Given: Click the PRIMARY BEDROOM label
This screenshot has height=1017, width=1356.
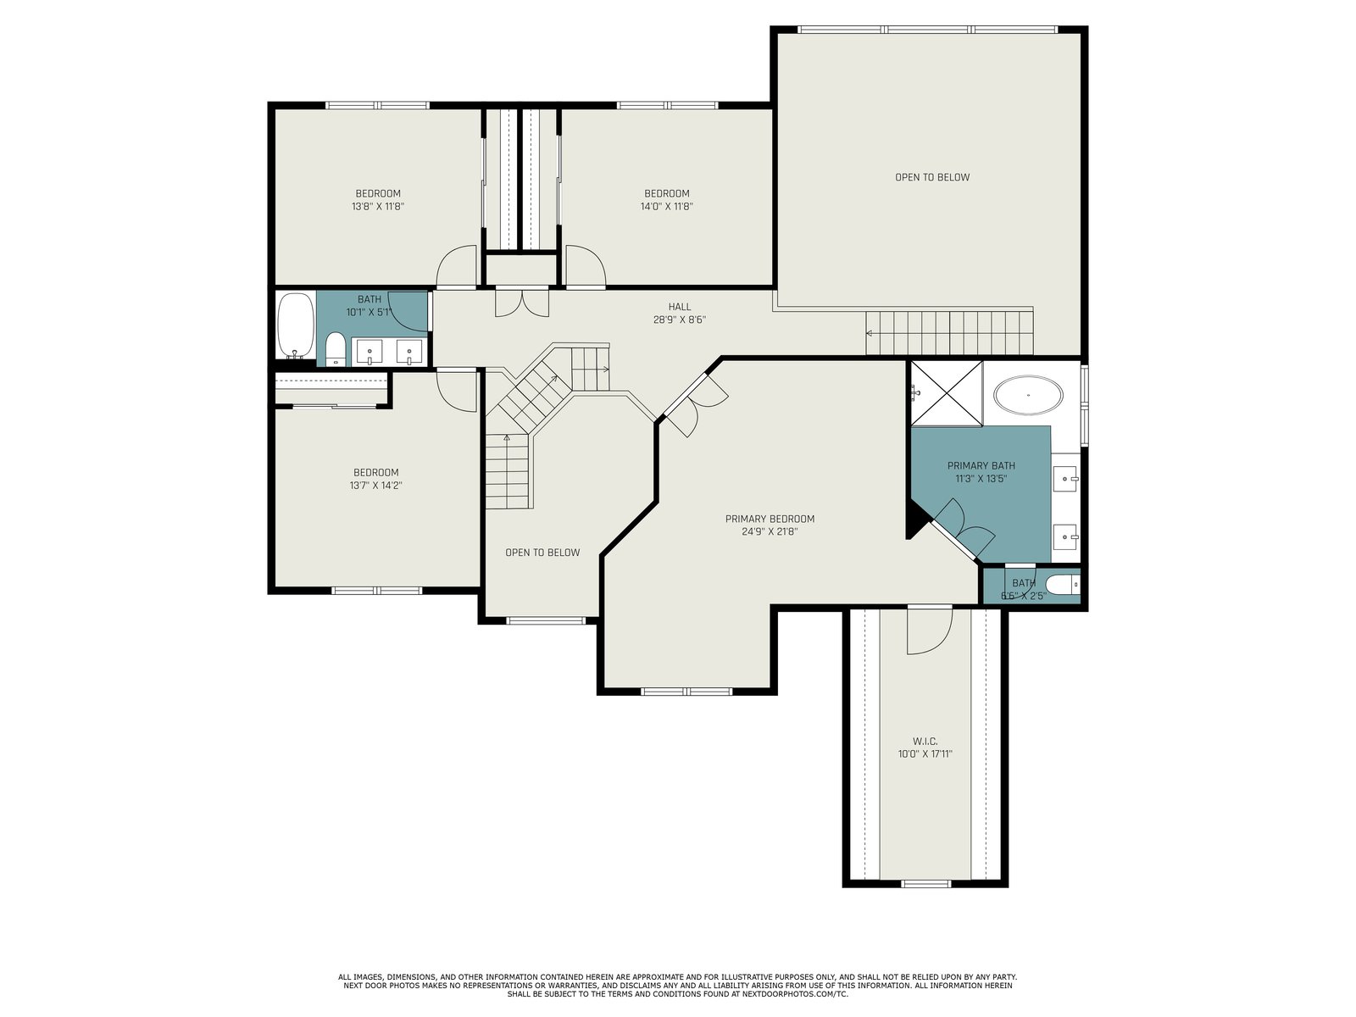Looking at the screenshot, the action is point(770,519).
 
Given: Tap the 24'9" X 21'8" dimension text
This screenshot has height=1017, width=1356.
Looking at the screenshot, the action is point(770,531).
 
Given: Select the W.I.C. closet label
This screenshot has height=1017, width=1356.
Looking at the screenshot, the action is point(925,741).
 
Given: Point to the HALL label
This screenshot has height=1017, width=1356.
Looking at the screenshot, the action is point(680,307).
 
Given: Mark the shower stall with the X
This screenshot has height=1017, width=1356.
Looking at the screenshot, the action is point(947,393).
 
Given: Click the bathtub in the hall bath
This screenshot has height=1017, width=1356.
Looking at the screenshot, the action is point(296,325).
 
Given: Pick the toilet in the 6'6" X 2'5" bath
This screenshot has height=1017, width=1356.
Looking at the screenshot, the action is point(1063,584).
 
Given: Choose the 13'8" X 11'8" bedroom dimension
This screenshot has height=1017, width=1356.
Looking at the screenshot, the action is point(377,206).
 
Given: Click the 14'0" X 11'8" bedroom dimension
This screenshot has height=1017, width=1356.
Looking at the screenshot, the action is point(666,206).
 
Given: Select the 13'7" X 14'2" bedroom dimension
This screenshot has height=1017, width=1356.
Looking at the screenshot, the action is point(375,486).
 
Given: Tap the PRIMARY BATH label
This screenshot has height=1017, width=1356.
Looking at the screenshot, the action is point(981,465).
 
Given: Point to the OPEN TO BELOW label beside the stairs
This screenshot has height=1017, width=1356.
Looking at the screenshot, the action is point(542,553).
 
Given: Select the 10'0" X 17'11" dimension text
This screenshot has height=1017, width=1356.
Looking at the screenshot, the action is point(925,754).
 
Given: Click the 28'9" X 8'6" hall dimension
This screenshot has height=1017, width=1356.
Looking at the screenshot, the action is point(680,320).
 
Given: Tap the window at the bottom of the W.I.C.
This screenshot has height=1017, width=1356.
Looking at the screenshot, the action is point(925,884).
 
